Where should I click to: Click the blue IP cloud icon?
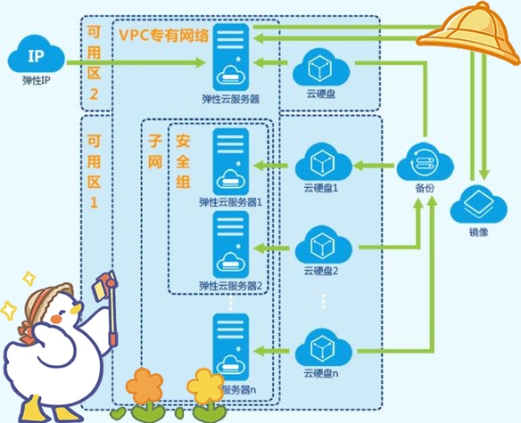[35, 59]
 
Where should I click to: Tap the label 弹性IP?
[35, 81]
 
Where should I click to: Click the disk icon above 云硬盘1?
[320, 163]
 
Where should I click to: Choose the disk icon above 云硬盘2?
[320, 244]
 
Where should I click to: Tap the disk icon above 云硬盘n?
[320, 347]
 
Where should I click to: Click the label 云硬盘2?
[320, 271]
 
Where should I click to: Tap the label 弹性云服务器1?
[231, 202]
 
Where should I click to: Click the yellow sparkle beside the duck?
[10, 309]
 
